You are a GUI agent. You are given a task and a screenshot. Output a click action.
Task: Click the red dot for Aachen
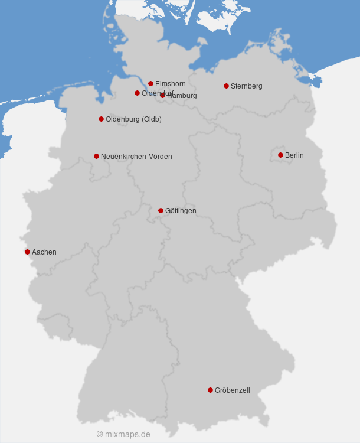[27, 252]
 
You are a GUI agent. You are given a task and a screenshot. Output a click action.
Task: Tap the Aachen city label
[44, 252]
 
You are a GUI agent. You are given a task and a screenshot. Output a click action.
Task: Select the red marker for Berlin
[280, 155]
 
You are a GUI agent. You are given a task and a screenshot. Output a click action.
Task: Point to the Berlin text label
[294, 155]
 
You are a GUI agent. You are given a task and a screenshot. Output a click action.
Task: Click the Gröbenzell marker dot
[210, 390]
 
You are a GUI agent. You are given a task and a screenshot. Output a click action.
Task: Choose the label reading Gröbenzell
[233, 390]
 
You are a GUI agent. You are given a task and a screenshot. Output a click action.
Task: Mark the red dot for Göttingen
[161, 210]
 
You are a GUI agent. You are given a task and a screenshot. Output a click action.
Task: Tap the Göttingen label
[181, 211]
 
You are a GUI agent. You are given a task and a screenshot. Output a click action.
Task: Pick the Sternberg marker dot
[226, 86]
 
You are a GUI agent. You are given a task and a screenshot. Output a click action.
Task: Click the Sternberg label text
[247, 86]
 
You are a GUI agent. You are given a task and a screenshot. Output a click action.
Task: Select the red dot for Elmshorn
[150, 83]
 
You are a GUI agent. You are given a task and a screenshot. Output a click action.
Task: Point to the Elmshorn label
[171, 84]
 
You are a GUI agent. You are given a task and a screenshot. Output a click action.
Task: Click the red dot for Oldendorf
[137, 93]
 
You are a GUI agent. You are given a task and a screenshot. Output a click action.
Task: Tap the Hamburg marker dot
[162, 95]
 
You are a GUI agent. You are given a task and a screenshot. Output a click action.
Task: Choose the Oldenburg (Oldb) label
[133, 119]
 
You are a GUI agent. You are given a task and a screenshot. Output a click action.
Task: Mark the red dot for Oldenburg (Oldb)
[101, 119]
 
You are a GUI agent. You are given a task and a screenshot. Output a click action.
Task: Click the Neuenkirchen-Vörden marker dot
[96, 156]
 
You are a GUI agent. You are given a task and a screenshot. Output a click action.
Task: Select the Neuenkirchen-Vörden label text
[136, 157]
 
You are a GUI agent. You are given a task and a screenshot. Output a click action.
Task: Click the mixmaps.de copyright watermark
[123, 434]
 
